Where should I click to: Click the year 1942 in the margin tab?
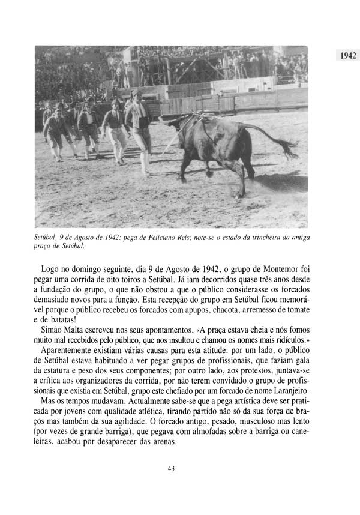point(345,56)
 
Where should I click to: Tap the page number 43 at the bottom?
point(171,469)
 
